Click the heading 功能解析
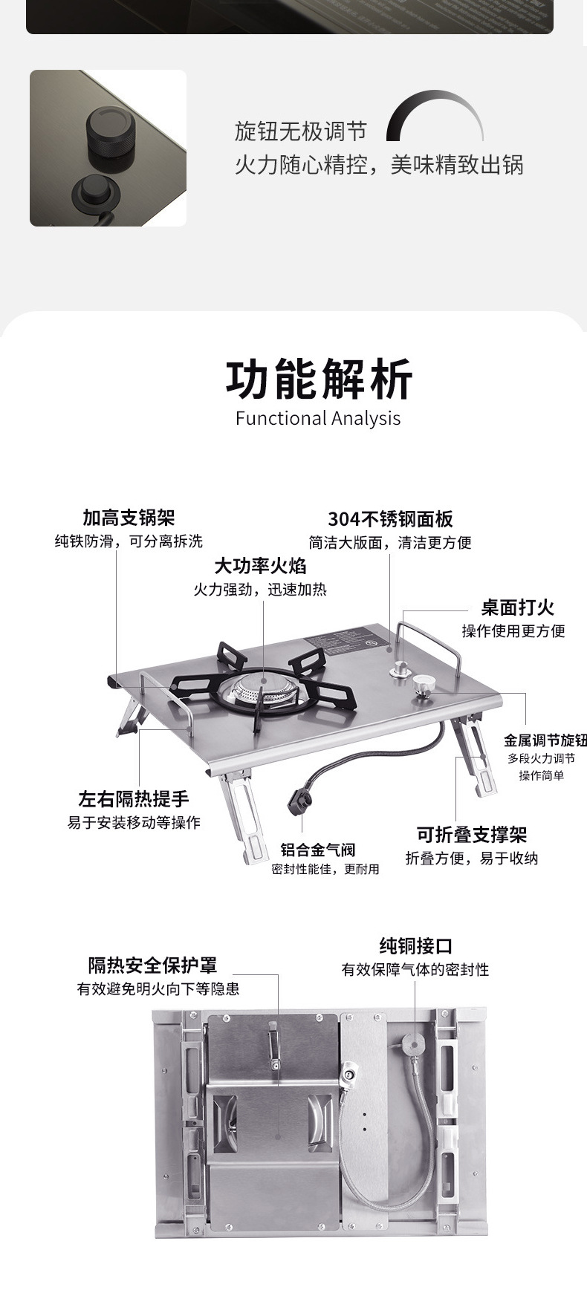(318, 379)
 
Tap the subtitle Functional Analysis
(318, 418)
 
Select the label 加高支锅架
(129, 518)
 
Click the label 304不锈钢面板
(390, 519)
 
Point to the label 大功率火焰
(260, 566)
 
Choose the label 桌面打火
(517, 607)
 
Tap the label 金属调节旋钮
(545, 740)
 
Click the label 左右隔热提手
(134, 799)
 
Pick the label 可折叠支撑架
(471, 835)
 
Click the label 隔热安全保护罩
(152, 965)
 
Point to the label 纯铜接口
(415, 946)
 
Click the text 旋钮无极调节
(300, 132)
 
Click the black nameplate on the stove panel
(343, 636)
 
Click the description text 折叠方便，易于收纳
(471, 859)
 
